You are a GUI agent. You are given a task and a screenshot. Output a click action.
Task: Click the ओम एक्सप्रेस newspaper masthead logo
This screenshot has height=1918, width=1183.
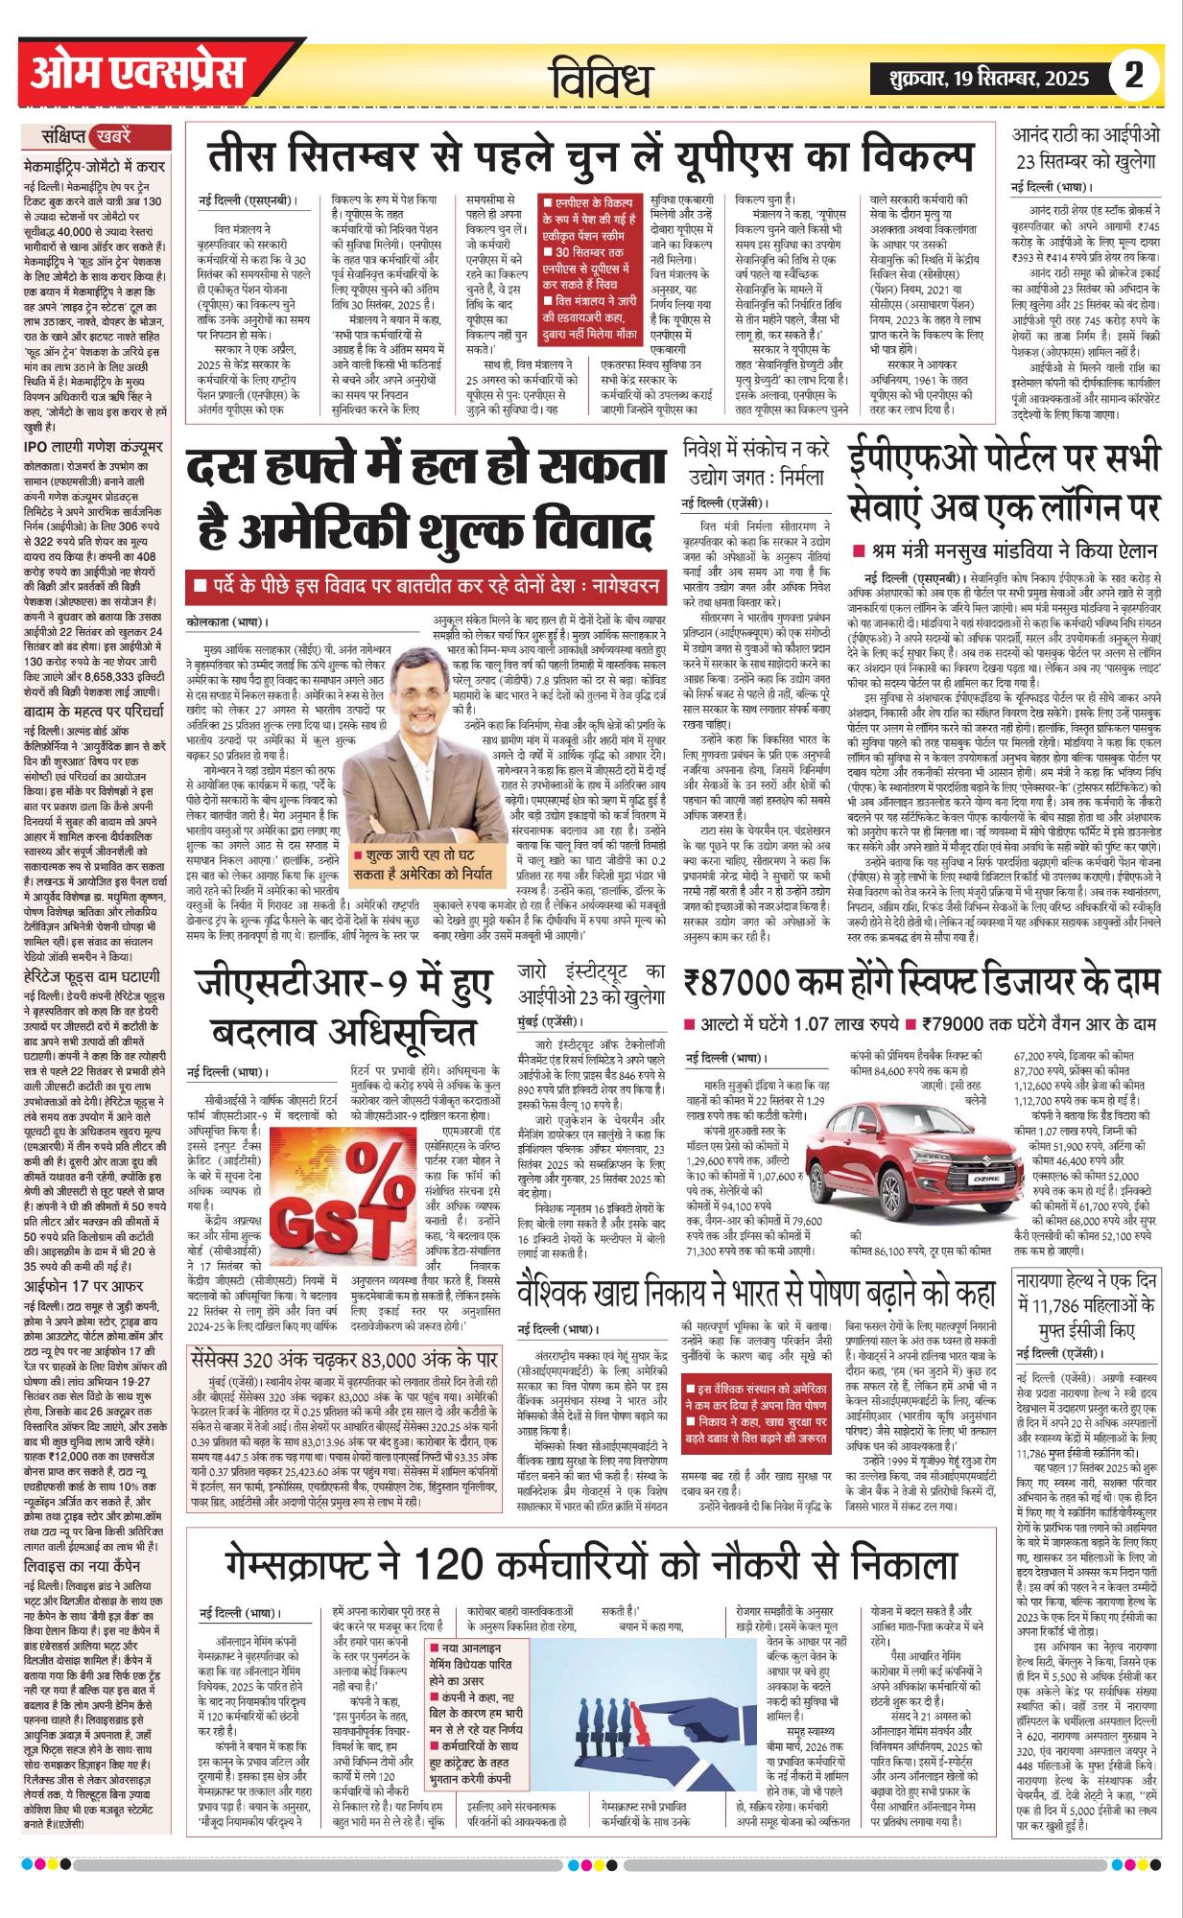coord(137,74)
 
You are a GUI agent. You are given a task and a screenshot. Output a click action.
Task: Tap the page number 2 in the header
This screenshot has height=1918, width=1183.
coord(1134,75)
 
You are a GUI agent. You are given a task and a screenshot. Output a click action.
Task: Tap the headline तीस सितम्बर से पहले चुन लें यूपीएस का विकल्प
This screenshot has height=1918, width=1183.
coord(590,157)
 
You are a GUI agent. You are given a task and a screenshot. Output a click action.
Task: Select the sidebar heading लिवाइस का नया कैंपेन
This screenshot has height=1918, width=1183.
coord(86,1565)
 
